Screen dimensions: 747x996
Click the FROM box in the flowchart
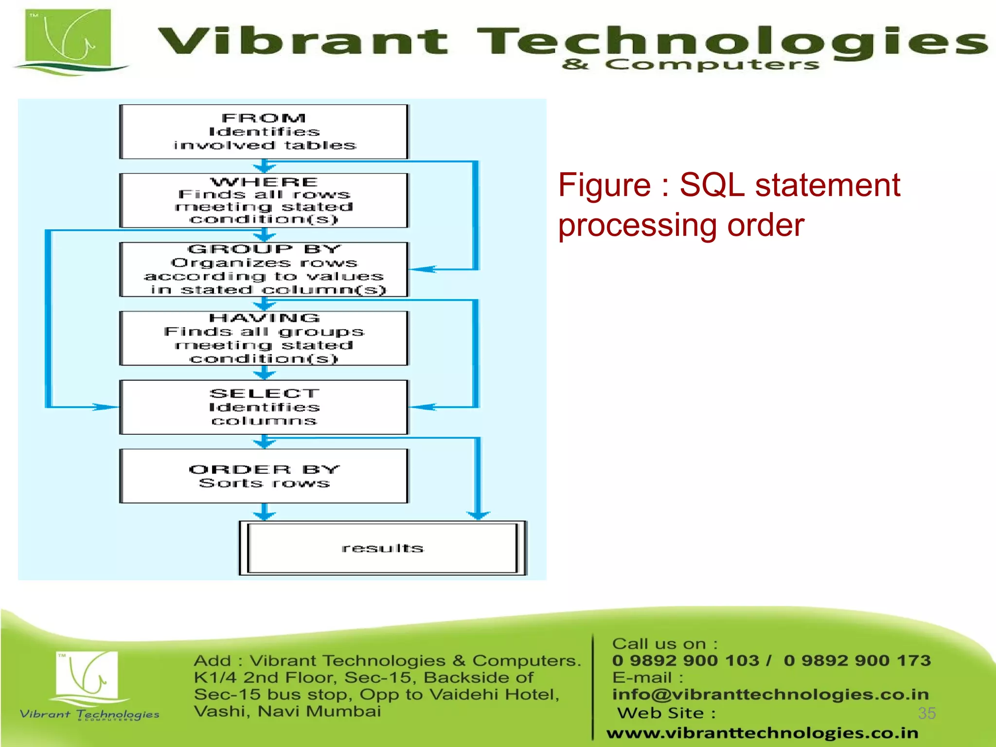(264, 131)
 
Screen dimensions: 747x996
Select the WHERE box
(264, 200)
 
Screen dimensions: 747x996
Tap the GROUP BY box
(264, 269)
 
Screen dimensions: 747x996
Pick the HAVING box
(264, 338)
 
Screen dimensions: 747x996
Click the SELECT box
(264, 407)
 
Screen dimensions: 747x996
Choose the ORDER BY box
(264, 476)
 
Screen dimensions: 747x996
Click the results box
(383, 548)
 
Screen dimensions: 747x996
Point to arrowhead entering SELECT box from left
(105, 407)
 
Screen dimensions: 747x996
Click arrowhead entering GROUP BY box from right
(423, 269)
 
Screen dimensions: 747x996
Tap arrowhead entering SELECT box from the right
(423, 407)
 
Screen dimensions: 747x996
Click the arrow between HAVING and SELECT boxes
(264, 373)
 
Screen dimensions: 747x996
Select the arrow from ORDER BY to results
(264, 512)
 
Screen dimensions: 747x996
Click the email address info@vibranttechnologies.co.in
(770, 694)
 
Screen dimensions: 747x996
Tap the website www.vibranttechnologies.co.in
(762, 732)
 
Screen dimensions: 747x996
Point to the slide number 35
(926, 713)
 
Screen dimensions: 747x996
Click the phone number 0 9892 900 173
(857, 660)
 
